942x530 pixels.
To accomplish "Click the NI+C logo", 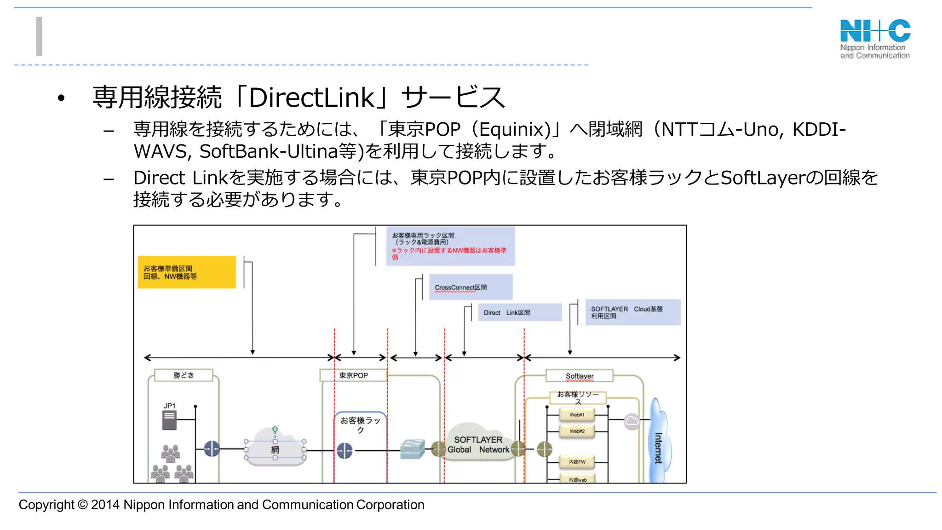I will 875,39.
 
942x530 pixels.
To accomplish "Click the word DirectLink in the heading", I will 312,98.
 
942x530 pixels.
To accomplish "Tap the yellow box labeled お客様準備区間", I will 186,272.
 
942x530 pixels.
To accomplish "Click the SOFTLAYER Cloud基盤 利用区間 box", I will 632,312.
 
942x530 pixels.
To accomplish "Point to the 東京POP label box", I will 353,375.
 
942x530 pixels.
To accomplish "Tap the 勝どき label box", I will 184,375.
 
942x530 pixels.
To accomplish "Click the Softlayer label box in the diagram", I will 579,376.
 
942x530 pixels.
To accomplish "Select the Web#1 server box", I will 577,415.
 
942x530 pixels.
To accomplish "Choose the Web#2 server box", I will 577,431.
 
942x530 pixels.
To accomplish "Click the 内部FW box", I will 577,461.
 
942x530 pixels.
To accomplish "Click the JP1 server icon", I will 169,420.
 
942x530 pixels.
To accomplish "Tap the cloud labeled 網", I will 275,447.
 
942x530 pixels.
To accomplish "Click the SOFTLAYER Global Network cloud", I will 478,444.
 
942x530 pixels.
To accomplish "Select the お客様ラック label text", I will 360,425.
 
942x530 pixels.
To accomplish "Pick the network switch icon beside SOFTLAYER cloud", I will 412,449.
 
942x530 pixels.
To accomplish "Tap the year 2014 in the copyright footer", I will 105,505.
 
